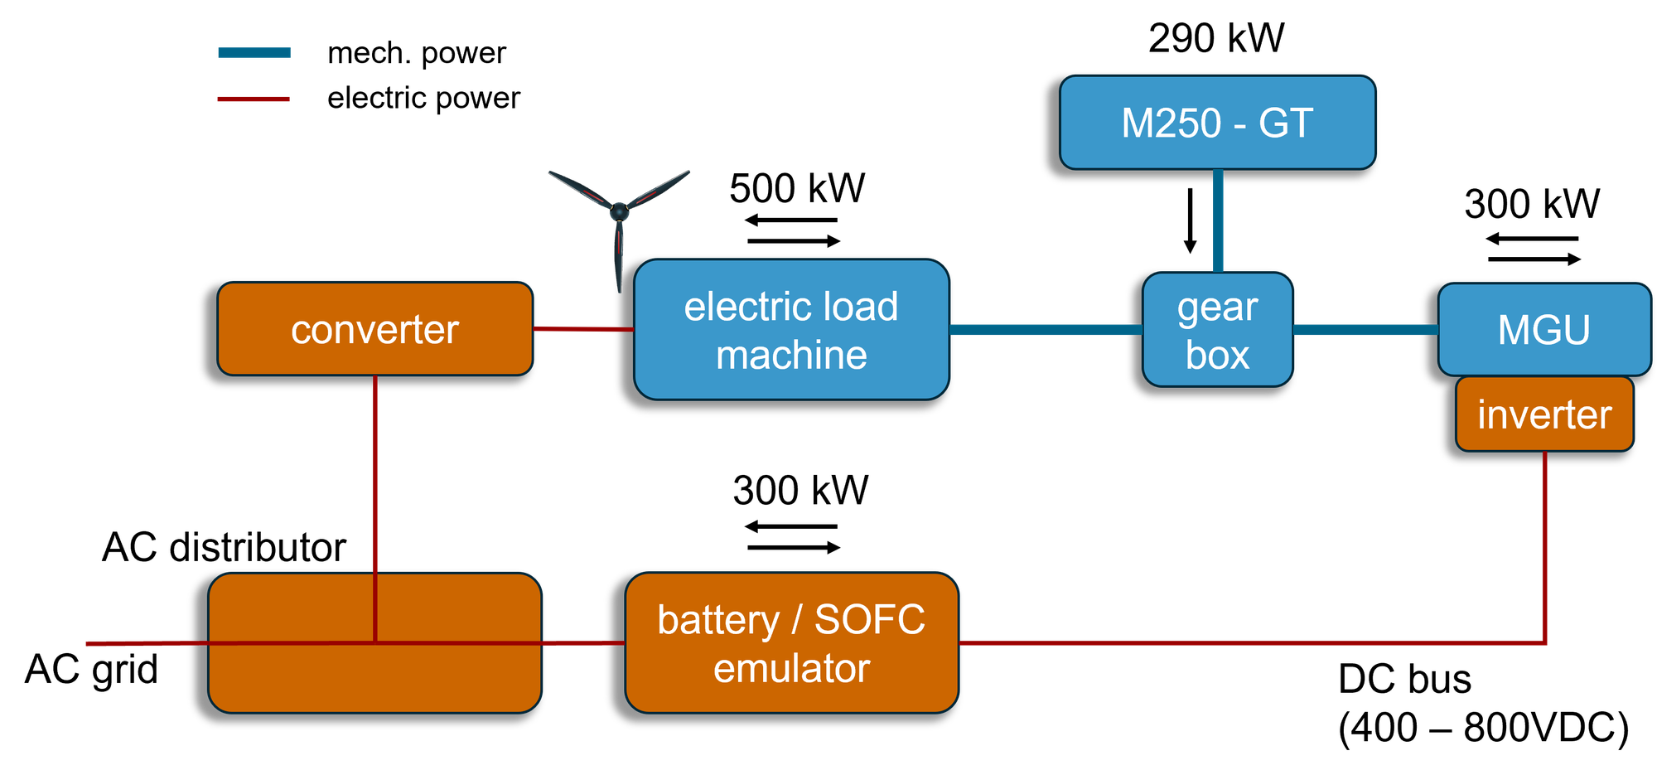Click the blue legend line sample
(x=254, y=52)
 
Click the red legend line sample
(x=254, y=99)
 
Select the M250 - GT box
(x=1217, y=123)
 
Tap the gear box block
(x=1217, y=330)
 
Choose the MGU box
(x=1543, y=329)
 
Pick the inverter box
(x=1544, y=414)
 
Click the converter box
(x=374, y=329)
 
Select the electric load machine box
(x=791, y=330)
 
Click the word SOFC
(x=869, y=620)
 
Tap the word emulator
(x=791, y=668)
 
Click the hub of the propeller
(x=619, y=211)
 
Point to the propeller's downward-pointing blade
(x=620, y=257)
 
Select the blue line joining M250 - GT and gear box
(x=1218, y=220)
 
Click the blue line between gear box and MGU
(x=1365, y=330)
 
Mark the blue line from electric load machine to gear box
(x=1046, y=330)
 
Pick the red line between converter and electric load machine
(x=583, y=329)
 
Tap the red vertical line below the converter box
(x=375, y=472)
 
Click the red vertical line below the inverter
(x=1545, y=547)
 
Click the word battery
(x=717, y=620)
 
